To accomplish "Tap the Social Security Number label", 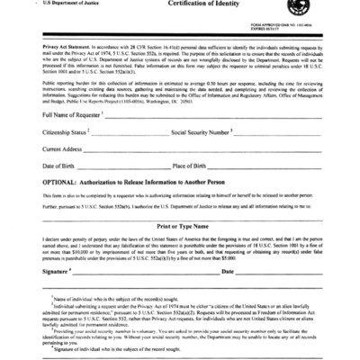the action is point(201,132).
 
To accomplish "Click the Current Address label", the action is point(63,149).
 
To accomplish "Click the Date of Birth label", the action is point(59,166).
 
